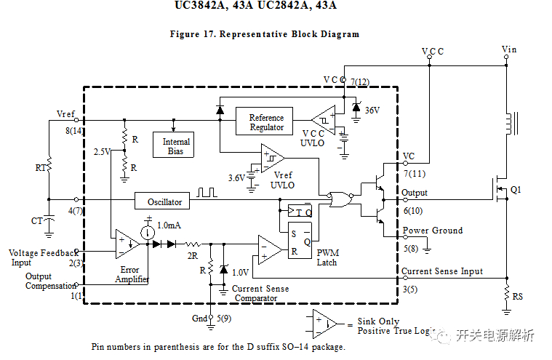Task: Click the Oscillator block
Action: (162, 201)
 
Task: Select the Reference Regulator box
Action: (264, 121)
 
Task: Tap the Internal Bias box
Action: (173, 145)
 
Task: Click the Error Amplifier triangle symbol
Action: (127, 244)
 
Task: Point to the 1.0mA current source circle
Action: (148, 233)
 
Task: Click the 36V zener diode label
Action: (372, 111)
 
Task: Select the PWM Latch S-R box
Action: (300, 240)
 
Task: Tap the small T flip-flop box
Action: (300, 211)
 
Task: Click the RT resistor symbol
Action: (49, 165)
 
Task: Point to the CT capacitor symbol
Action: (49, 220)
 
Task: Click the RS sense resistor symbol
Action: (507, 293)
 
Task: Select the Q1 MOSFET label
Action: (516, 190)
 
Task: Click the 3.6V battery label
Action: (236, 178)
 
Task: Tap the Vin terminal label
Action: (509, 49)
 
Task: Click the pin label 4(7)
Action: (75, 211)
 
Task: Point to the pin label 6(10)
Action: (413, 211)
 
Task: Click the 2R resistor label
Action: (193, 256)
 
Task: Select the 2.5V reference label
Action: (102, 152)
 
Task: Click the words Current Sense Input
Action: (442, 271)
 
